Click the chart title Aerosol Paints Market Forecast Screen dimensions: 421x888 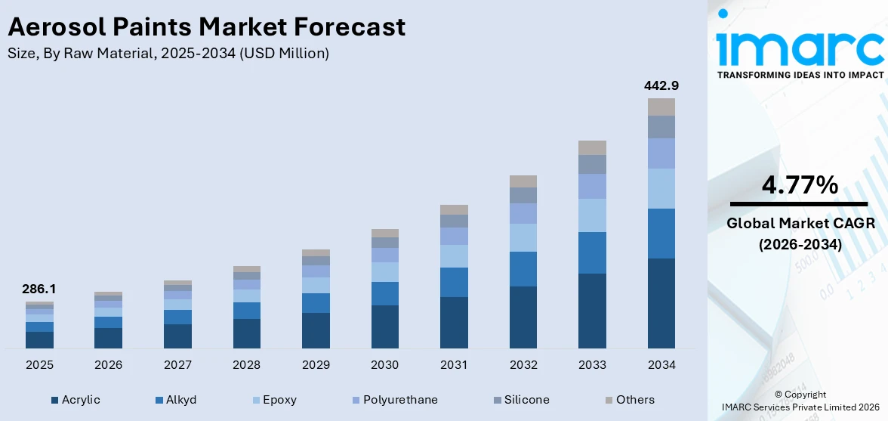(206, 27)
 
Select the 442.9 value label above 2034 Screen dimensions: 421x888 (661, 85)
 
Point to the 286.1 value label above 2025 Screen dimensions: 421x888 (39, 289)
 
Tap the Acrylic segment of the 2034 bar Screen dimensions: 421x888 (661, 303)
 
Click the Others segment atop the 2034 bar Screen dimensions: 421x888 (661, 107)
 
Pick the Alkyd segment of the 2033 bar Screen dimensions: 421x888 (592, 252)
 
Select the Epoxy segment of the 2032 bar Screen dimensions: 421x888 (523, 237)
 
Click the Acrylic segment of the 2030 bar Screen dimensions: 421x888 (384, 327)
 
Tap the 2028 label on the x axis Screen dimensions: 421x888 (246, 365)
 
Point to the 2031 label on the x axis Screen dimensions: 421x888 (454, 365)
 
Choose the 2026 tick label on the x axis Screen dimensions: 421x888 (108, 365)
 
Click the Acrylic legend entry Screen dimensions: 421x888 (76, 400)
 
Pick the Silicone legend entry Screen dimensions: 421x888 (521, 400)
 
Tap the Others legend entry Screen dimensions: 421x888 (629, 400)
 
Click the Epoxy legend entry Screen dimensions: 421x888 (273, 400)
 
